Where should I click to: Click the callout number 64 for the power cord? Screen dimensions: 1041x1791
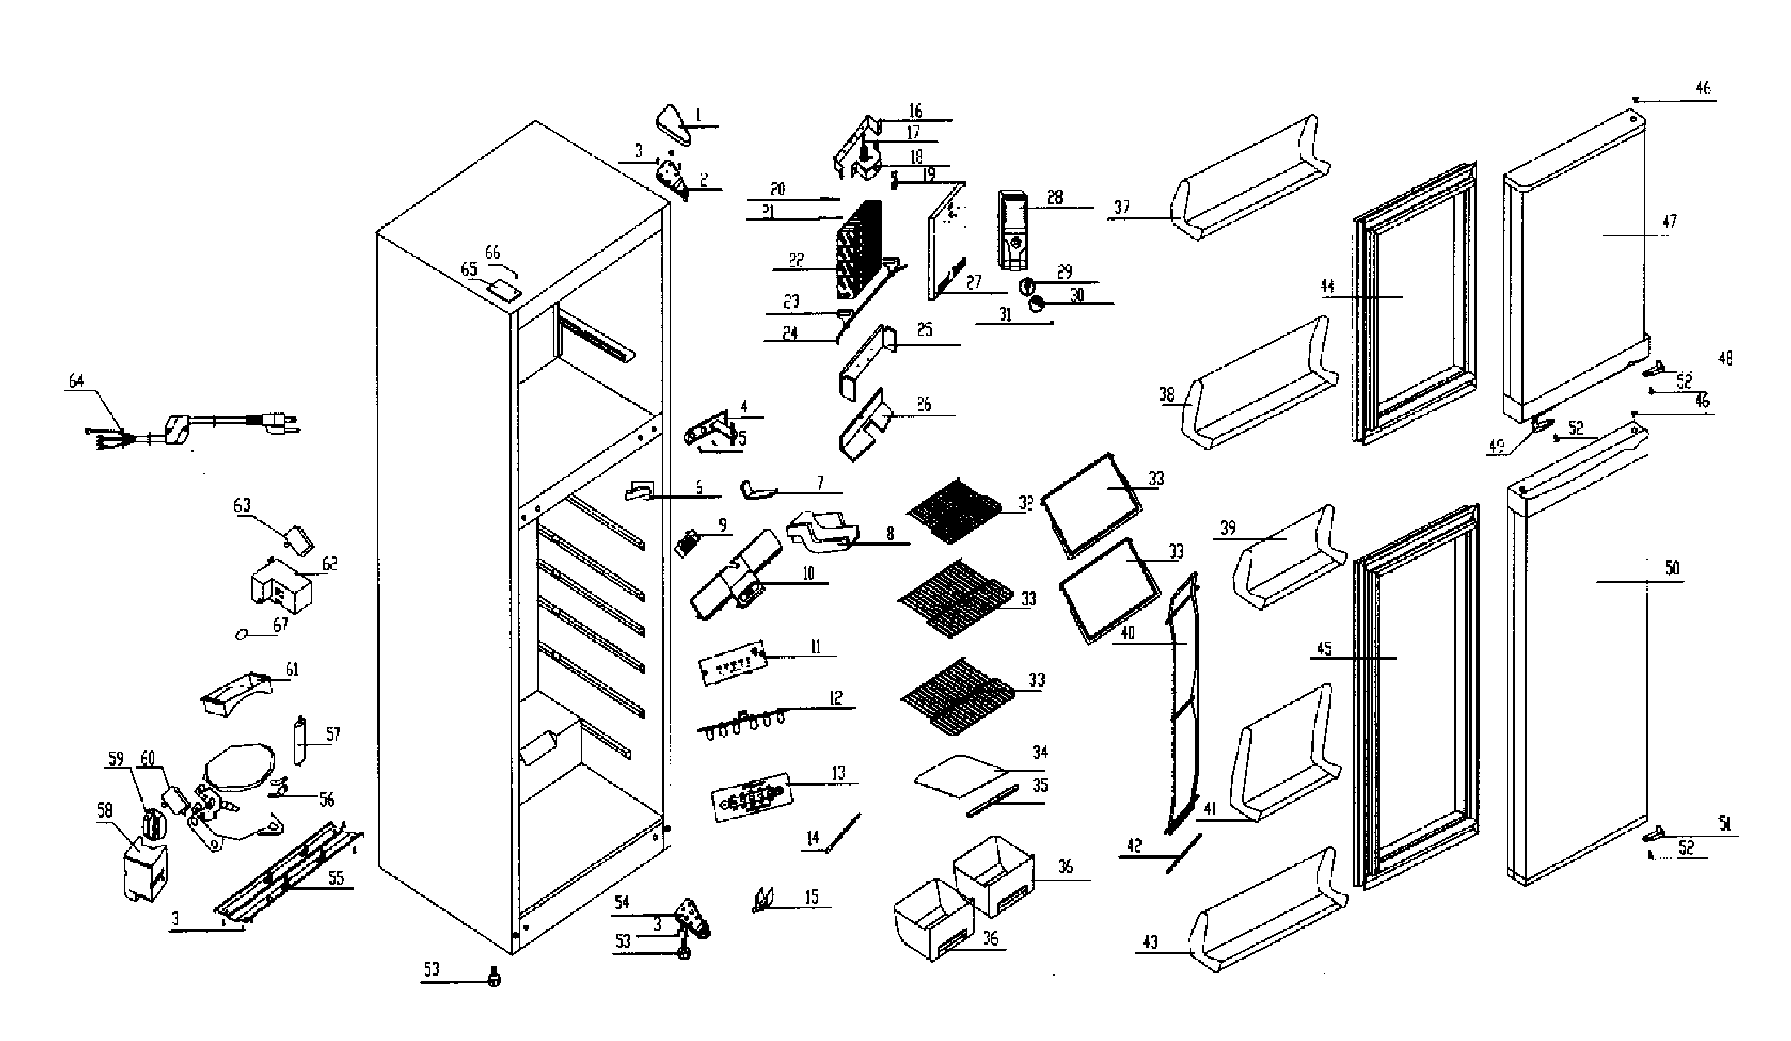[75, 381]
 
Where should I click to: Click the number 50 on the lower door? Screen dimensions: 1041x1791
[1671, 568]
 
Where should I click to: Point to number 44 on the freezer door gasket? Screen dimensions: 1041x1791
[1328, 287]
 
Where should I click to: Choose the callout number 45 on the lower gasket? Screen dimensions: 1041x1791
[1324, 648]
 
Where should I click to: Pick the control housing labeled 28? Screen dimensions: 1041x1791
[1014, 230]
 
